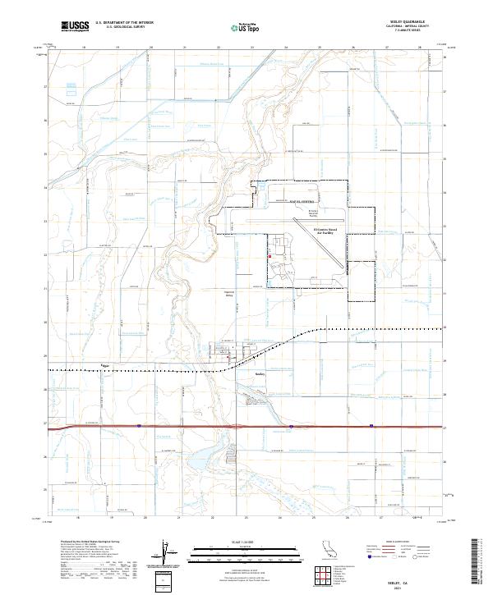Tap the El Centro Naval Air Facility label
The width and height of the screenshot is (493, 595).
tap(327, 232)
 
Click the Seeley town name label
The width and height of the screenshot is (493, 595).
tap(260, 373)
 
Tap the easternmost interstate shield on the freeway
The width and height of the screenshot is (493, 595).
tap(372, 425)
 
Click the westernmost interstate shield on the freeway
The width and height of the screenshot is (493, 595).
tap(140, 425)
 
